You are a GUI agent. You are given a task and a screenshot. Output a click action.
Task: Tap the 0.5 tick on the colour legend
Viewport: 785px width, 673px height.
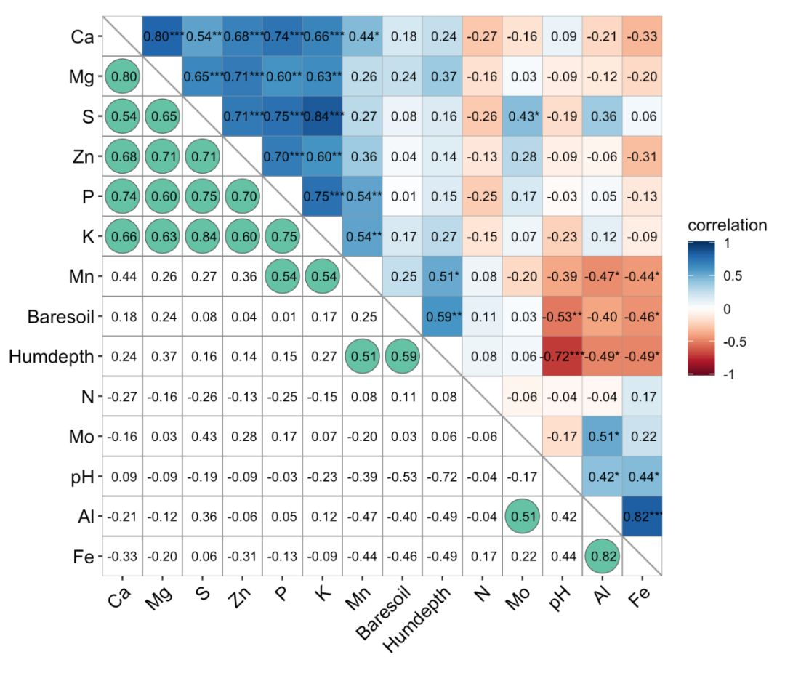(733, 276)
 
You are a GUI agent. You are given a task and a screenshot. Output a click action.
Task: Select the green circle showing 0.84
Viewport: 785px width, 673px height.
(203, 236)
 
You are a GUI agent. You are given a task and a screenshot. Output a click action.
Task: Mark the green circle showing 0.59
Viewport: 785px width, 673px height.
(403, 357)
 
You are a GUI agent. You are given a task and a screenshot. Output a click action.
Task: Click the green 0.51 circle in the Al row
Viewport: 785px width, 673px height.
(523, 517)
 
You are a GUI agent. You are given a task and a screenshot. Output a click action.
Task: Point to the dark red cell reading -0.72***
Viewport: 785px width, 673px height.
(562, 357)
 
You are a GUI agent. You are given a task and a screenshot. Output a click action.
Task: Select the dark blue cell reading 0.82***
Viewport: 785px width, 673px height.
(643, 517)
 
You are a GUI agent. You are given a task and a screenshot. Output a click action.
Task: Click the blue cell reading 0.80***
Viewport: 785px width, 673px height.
(163, 36)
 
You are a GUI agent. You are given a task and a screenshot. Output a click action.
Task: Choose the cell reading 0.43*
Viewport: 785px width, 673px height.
(522, 116)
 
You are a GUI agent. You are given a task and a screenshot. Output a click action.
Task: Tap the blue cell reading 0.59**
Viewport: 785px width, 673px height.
(442, 317)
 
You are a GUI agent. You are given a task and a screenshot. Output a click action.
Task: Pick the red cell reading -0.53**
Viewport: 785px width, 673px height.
(562, 317)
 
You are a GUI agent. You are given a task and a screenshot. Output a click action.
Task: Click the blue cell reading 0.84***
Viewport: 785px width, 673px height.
(323, 116)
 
